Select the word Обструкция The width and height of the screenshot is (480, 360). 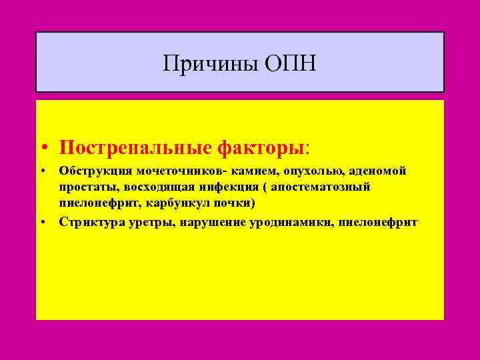91,171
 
